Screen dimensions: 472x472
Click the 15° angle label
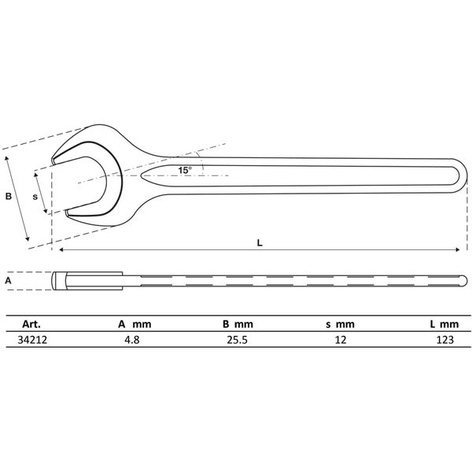click(184, 170)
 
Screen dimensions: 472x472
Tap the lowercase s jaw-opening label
click(35, 197)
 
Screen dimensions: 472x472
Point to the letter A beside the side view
click(9, 279)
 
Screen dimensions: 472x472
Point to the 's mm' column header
click(339, 323)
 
